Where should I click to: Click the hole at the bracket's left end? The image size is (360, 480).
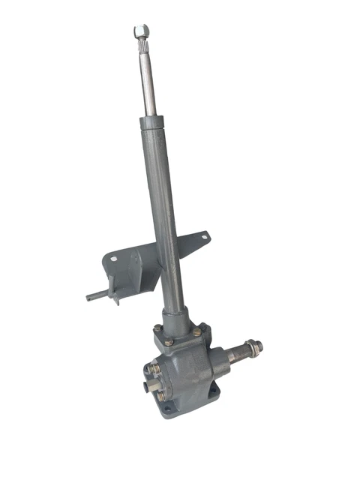pos(113,259)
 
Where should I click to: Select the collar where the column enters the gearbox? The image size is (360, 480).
pos(178,319)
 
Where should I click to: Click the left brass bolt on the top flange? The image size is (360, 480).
pos(158,328)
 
